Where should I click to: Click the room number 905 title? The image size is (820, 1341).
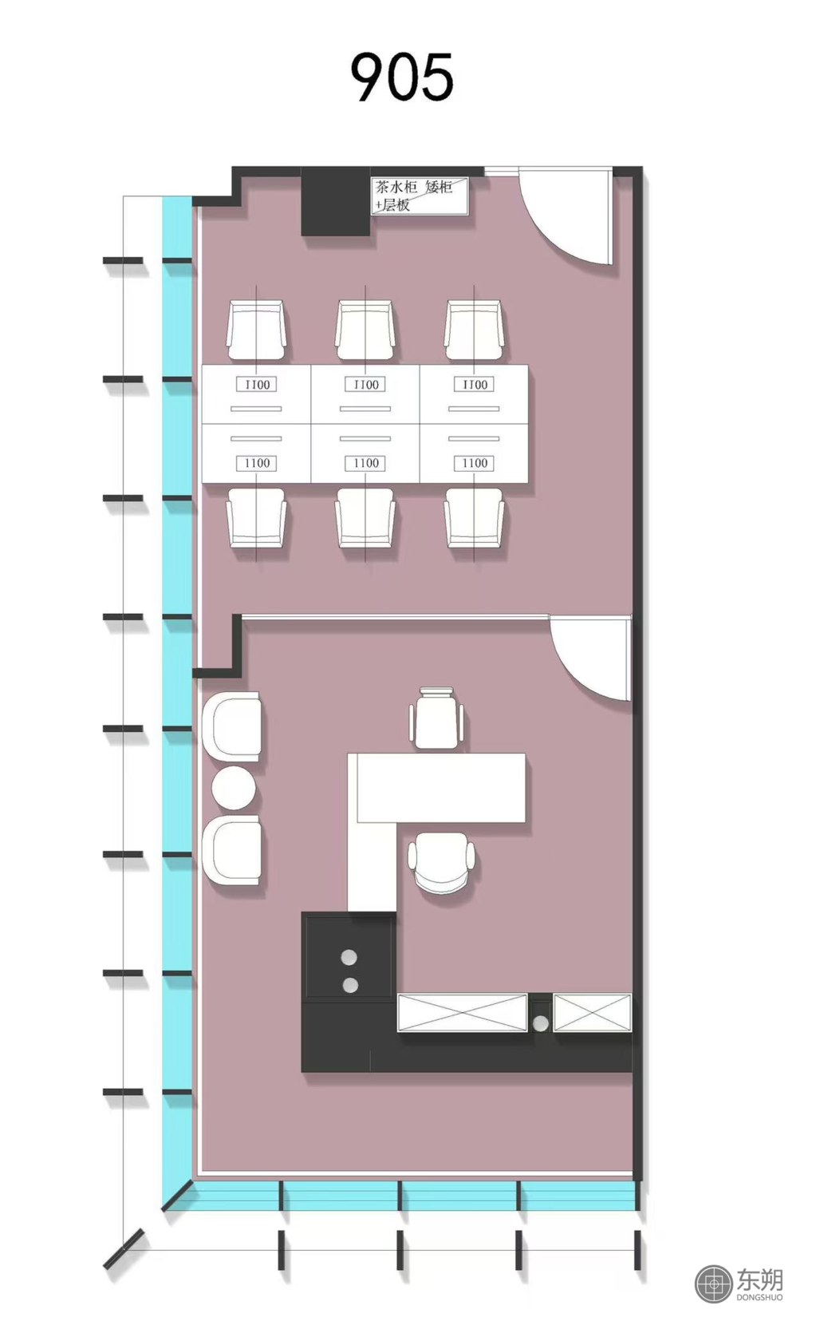pos(402,77)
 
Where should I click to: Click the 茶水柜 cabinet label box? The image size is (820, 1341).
pos(420,196)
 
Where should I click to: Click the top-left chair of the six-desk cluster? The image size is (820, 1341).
pos(256,331)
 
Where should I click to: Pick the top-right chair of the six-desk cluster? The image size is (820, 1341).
pos(474,331)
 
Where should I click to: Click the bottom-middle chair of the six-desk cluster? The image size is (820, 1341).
pos(365,518)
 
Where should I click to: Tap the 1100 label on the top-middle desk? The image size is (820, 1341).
pos(365,385)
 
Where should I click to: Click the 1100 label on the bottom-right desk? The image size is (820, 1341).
pos(475,463)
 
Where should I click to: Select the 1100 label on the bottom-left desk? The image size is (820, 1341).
pos(257,463)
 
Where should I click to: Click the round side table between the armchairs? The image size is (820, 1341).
pos(234,789)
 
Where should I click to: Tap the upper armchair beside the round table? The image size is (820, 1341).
pos(231,726)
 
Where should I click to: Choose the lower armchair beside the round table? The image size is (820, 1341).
pos(231,850)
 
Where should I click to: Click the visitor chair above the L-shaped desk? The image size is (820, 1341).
pos(436,718)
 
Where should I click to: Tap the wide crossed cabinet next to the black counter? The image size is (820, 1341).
pos(463,1012)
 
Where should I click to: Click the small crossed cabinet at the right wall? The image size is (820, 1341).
pos(592,1012)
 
